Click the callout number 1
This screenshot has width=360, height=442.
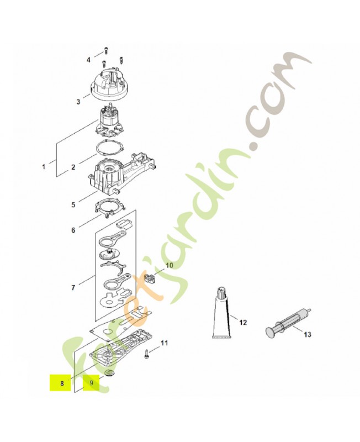tap(44, 167)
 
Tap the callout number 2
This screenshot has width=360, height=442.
tap(73, 167)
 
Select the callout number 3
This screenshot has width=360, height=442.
tap(78, 102)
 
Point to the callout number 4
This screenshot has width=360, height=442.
tap(88, 60)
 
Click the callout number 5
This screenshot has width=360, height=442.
tap(73, 204)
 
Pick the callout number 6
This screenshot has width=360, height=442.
tap(73, 230)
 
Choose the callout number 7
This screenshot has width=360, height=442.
tap(73, 288)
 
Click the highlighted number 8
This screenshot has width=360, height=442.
tap(62, 383)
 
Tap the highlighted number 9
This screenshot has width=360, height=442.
tap(91, 383)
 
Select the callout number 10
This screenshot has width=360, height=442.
tap(170, 265)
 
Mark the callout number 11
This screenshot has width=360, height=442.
tap(164, 343)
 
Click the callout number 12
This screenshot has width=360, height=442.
tap(242, 322)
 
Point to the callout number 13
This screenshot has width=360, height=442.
tap(308, 335)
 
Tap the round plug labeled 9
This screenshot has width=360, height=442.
tap(108, 373)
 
